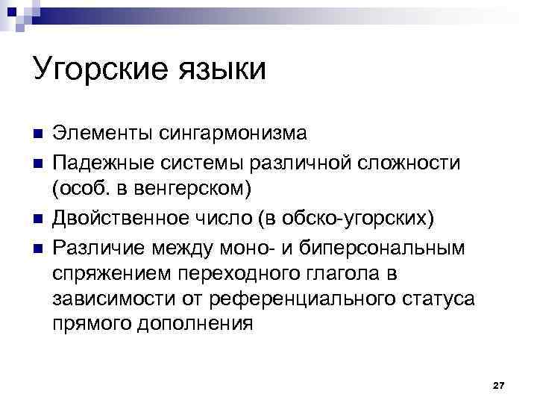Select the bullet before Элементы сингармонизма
[38, 134]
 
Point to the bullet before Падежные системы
[38, 162]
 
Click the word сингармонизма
[235, 134]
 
